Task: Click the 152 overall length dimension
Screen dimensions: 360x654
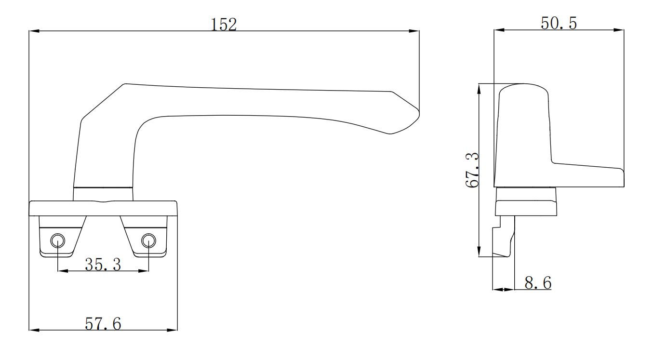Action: [x=225, y=25]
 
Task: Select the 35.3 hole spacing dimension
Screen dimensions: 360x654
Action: [x=103, y=264]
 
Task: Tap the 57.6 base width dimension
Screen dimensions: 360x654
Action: [x=103, y=324]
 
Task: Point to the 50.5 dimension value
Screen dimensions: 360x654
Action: [x=559, y=23]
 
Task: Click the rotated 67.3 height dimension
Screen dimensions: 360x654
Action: [x=472, y=170]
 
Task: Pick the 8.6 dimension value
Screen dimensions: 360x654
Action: [x=537, y=283]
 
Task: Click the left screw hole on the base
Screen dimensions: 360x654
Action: [x=58, y=240]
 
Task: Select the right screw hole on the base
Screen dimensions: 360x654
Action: [x=148, y=240]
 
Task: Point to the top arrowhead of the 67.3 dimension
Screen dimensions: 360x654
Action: [x=479, y=88]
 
